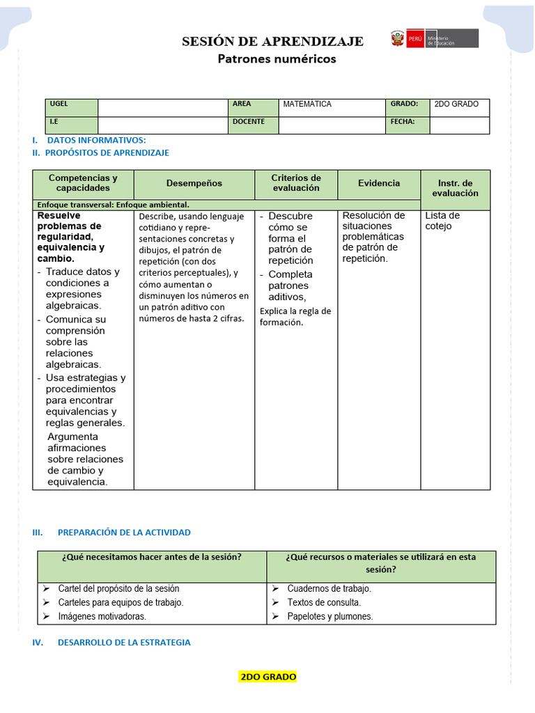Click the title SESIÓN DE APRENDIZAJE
[272, 42]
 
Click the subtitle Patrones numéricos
[277, 59]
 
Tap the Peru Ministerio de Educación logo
[435, 38]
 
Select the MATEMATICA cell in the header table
[307, 104]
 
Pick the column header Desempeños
[194, 184]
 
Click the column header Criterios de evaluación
[296, 183]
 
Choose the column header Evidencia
[379, 183]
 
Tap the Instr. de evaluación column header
[455, 188]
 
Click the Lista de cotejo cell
[442, 221]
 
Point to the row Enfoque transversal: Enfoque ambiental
[114, 205]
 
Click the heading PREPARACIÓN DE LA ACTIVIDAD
[124, 533]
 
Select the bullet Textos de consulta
[324, 602]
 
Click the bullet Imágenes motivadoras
[102, 616]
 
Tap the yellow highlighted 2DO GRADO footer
[268, 677]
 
